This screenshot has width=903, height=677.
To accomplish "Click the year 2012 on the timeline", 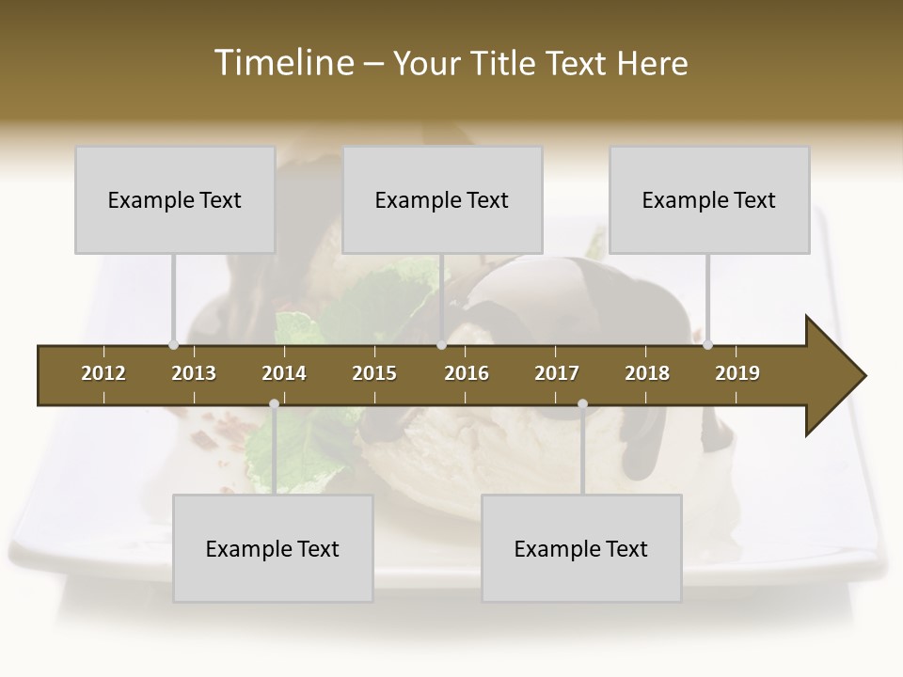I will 103,373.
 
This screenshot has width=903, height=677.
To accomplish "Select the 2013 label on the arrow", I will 194,373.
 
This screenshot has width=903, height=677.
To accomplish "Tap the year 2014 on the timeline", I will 284,373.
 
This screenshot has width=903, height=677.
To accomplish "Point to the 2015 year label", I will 374,373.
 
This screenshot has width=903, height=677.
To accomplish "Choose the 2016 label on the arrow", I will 467,373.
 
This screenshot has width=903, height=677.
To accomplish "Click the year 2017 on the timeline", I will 557,373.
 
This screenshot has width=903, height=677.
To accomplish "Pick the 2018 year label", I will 647,373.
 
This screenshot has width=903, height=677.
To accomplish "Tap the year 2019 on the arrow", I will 737,373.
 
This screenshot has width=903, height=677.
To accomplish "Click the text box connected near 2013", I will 175,200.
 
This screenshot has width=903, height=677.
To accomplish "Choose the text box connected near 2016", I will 442,200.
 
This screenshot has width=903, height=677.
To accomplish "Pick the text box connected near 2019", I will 709,200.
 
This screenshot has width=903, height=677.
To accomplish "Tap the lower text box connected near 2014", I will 273,549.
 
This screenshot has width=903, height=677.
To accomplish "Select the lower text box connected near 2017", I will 581,549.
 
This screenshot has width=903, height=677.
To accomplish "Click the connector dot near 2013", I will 173,345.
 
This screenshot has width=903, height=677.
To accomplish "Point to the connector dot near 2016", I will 441,345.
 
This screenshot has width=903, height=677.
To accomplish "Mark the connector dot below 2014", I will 274,404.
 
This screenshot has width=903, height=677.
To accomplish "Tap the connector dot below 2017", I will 582,404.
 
